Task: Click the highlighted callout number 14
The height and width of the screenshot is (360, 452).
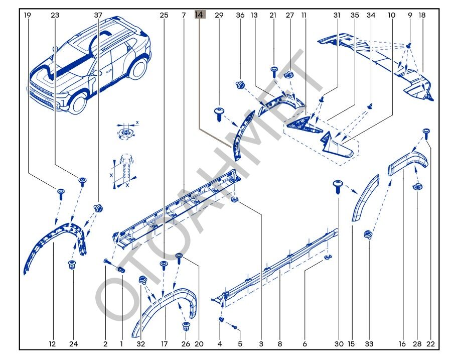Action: [200, 15]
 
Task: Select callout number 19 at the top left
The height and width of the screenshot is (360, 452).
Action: [27, 15]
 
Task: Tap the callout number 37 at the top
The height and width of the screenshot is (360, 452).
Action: [98, 15]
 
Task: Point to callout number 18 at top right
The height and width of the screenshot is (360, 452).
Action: [422, 15]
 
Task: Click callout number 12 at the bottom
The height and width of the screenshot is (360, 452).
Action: [52, 344]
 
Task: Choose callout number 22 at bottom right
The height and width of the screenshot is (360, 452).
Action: [430, 344]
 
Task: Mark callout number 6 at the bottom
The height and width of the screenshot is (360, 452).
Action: [305, 344]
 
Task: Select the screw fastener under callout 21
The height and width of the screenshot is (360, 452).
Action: [274, 70]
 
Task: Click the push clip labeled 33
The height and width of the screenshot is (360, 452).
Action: [369, 234]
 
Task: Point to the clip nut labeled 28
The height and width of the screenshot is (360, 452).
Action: [416, 187]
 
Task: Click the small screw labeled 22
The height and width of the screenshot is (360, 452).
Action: [426, 133]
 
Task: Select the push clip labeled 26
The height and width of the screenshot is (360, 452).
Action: [187, 327]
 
